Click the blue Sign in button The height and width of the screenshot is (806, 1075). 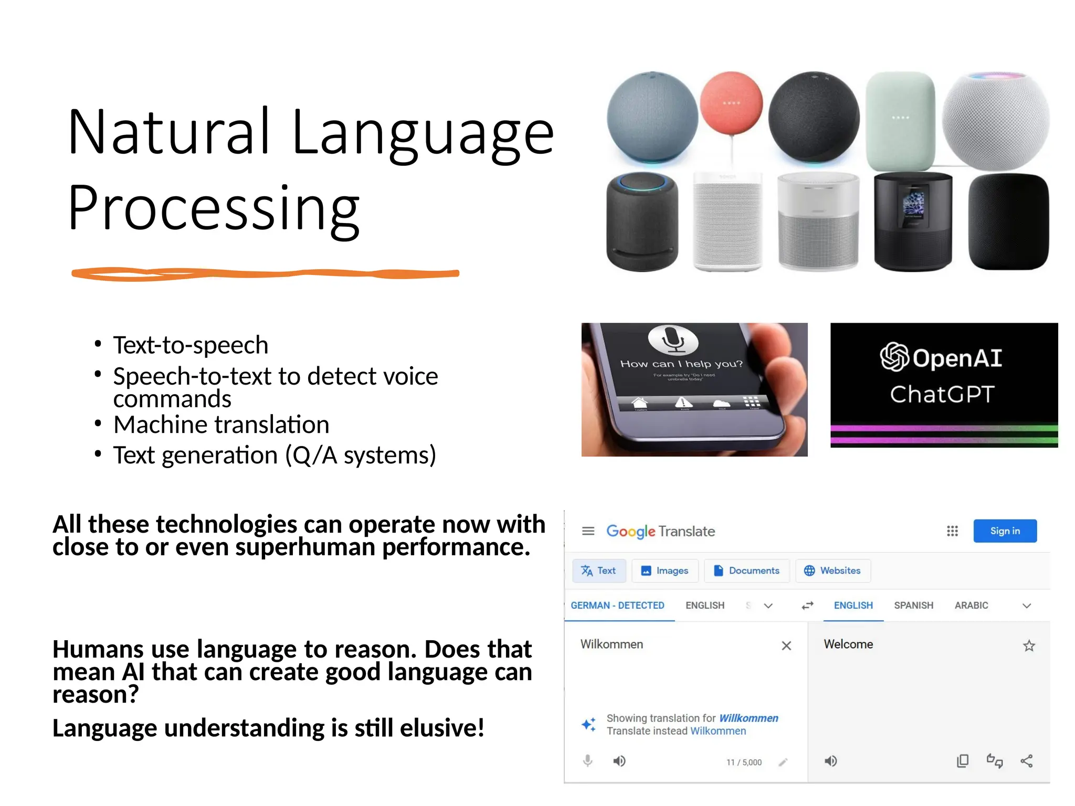point(1004,531)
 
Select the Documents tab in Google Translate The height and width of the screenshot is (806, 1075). point(746,570)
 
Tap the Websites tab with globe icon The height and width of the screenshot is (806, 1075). point(832,570)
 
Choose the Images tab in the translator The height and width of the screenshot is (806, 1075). point(665,570)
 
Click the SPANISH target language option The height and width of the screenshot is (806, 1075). point(913,606)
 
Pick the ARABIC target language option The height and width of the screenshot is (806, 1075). point(971,606)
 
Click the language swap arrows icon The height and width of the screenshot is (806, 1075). point(807,606)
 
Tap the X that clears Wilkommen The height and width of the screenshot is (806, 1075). point(786,645)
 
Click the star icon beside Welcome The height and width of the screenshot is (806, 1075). point(1029,645)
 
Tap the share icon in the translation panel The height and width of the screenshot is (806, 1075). point(1027,761)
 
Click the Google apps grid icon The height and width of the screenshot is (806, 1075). point(952,531)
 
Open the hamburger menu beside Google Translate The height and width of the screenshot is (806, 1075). point(588,531)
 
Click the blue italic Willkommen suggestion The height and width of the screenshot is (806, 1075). point(749,718)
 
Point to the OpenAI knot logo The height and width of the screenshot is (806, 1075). point(894,357)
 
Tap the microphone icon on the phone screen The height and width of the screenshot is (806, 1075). point(673,339)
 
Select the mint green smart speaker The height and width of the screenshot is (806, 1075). point(900,121)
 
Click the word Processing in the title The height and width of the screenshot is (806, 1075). point(214,208)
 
